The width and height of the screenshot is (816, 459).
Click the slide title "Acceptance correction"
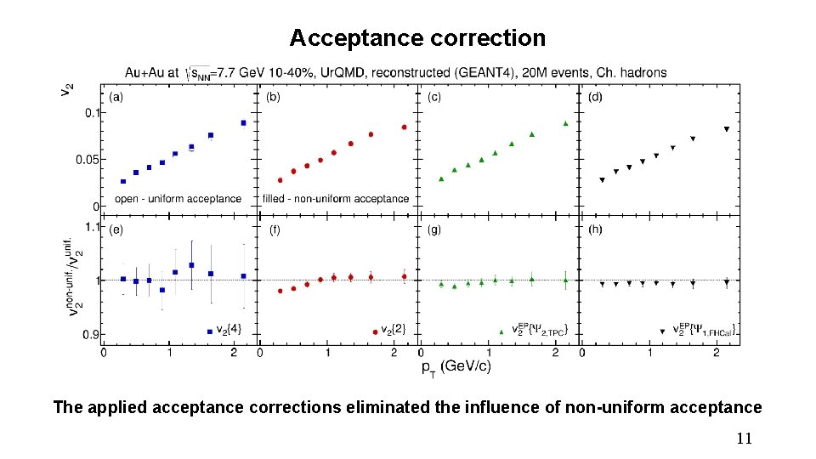coord(417,38)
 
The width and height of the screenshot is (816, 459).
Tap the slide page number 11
coord(744,439)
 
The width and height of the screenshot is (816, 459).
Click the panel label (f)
coord(275,229)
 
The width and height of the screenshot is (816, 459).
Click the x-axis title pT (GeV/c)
coord(456,366)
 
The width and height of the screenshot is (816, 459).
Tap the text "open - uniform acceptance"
coord(178,199)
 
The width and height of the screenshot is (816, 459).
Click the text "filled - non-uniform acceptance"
coord(336,199)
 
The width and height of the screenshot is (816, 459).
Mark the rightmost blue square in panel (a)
coord(243,122)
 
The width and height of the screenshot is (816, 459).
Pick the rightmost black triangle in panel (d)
coord(726,129)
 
